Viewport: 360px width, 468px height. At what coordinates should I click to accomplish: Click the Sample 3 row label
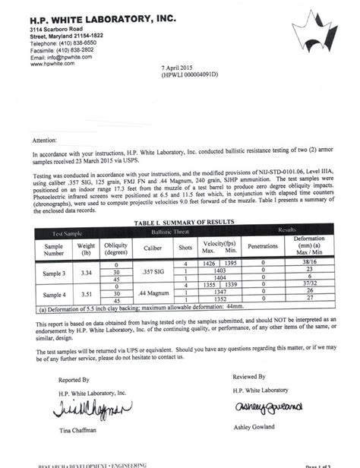(x=55, y=272)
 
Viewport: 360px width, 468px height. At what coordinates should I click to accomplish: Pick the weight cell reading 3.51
(x=87, y=294)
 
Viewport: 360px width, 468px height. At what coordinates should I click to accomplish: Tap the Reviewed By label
(x=250, y=376)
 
